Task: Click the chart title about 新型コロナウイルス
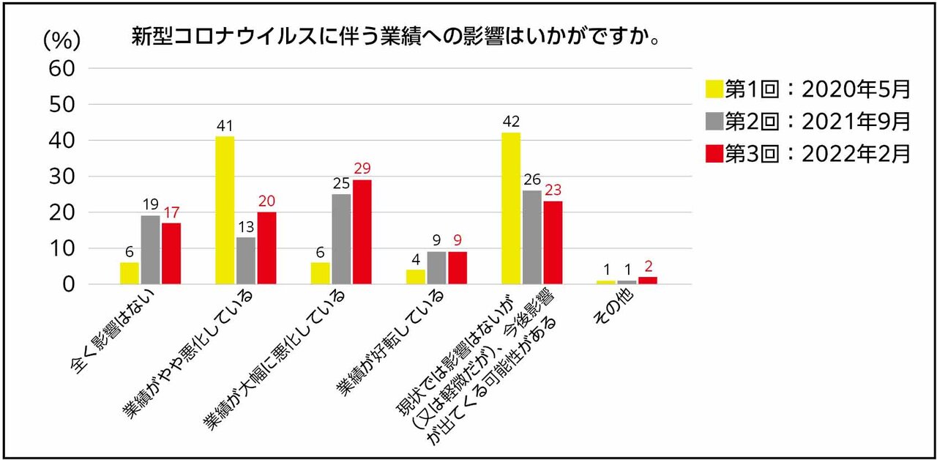395,37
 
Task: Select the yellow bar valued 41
225,210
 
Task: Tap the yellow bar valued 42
510,209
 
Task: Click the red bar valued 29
362,231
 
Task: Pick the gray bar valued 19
150,250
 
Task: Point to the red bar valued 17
171,253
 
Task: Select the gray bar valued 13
246,261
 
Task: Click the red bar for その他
647,281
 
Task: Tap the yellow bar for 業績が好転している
415,277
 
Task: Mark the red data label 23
553,189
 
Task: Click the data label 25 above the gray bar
340,182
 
